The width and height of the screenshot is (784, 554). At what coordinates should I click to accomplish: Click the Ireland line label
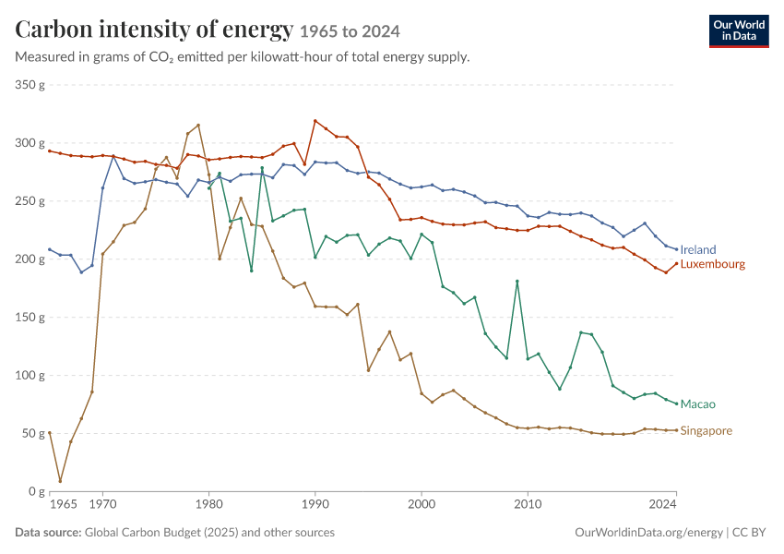pos(698,249)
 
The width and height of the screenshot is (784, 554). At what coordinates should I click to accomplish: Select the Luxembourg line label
pos(712,264)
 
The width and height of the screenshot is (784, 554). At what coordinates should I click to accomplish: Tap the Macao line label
pos(698,404)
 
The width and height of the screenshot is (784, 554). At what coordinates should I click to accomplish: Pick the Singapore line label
pos(706,431)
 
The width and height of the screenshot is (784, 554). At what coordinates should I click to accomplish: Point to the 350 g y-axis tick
pos(30,85)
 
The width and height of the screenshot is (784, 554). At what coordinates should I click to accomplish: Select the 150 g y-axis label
pos(30,318)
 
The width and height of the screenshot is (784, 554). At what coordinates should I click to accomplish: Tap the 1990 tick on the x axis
pos(315,504)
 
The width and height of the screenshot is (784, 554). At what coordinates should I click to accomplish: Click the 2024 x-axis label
pos(662,504)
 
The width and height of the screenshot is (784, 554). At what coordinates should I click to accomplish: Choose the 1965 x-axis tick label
pos(64,504)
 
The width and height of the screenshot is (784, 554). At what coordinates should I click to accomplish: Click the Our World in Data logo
pos(739,31)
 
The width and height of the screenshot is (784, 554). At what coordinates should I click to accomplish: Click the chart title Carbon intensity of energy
pos(154,29)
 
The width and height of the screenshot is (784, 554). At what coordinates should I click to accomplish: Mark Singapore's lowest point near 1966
pos(61,481)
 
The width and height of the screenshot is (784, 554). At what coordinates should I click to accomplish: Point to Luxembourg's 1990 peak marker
pos(315,121)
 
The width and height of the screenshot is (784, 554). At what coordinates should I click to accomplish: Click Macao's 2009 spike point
pos(517,282)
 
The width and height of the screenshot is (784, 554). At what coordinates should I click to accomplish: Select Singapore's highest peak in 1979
pos(198,126)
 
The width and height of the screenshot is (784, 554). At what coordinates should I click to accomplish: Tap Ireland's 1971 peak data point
pos(113,157)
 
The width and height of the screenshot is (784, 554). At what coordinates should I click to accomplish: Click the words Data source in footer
pos(48,532)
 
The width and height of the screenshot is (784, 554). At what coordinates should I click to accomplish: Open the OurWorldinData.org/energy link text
pos(648,533)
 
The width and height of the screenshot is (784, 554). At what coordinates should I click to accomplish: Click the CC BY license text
pos(749,532)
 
